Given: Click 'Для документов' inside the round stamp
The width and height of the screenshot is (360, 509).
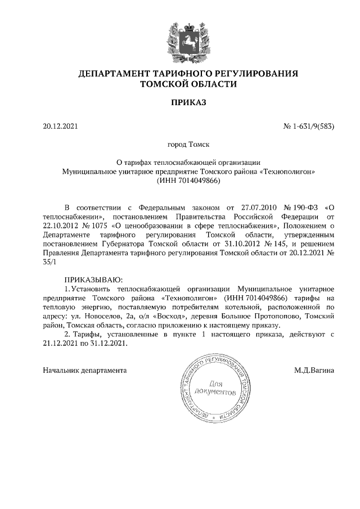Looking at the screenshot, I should [214, 388].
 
